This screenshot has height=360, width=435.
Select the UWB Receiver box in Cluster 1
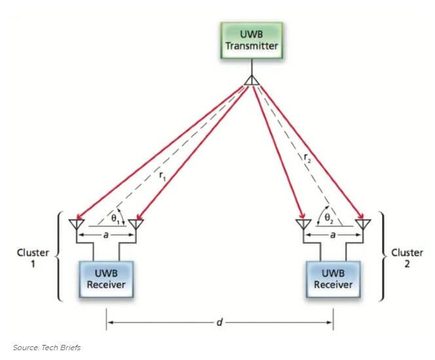point(106,278)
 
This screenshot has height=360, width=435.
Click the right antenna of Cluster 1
point(135,224)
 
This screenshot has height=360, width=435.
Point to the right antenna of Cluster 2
point(362,224)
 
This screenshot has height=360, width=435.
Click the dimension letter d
point(220,322)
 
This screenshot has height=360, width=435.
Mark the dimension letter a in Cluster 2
point(331,234)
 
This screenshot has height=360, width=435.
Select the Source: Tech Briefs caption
point(46,347)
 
